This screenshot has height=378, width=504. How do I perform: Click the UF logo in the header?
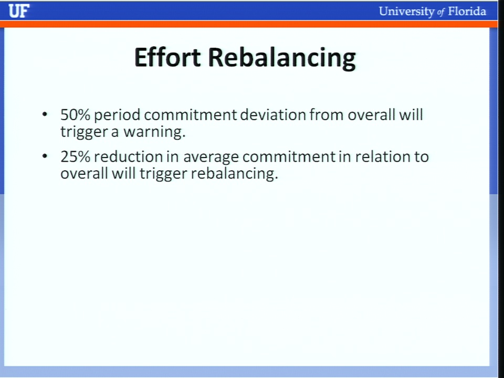tap(19, 11)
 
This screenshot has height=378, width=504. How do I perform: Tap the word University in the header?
tap(406, 12)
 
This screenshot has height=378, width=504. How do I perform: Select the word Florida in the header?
tap(467, 11)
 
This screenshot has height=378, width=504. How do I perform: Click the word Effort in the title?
tap(167, 57)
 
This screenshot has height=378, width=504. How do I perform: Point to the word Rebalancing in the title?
tap(282, 58)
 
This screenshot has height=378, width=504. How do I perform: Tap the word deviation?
tap(273, 115)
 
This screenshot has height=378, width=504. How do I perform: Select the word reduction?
tap(129, 157)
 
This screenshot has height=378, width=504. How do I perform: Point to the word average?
tap(211, 158)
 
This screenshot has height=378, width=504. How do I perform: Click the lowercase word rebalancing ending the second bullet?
tap(234, 174)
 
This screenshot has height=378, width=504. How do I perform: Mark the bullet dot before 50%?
tap(45, 114)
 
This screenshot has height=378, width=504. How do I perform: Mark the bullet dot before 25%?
tap(45, 156)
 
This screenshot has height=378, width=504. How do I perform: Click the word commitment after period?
tap(190, 115)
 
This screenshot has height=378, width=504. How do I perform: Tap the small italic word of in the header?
tap(441, 13)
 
